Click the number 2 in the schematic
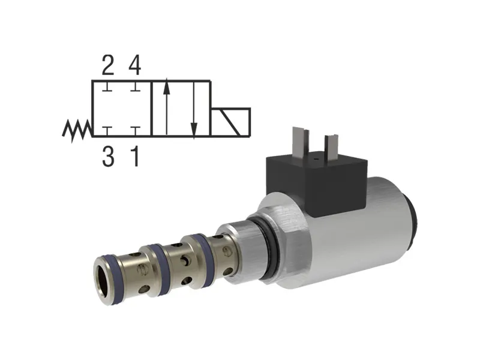[107, 64]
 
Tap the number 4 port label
[135, 64]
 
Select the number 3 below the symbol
[107, 157]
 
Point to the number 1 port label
[136, 157]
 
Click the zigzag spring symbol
[77, 129]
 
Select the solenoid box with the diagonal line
[230, 122]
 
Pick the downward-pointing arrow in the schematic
[194, 108]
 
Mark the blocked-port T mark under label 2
[107, 88]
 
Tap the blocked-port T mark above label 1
[136, 130]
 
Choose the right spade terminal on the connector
[331, 147]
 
